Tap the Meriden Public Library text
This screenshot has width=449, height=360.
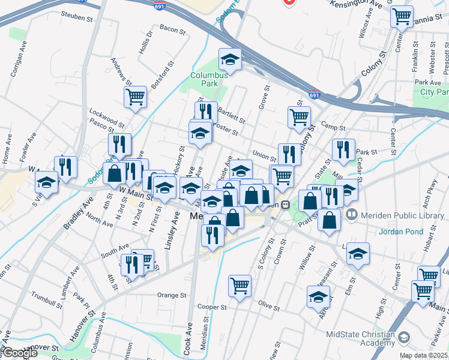(397, 214)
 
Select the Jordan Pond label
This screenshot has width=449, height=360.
(400, 231)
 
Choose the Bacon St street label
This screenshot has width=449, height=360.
(172, 28)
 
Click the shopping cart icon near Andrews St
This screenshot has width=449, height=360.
(136, 96)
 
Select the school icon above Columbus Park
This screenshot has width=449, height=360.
(229, 59)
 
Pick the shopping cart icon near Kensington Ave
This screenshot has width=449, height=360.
(402, 16)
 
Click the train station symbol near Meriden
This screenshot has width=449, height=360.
(286, 204)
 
